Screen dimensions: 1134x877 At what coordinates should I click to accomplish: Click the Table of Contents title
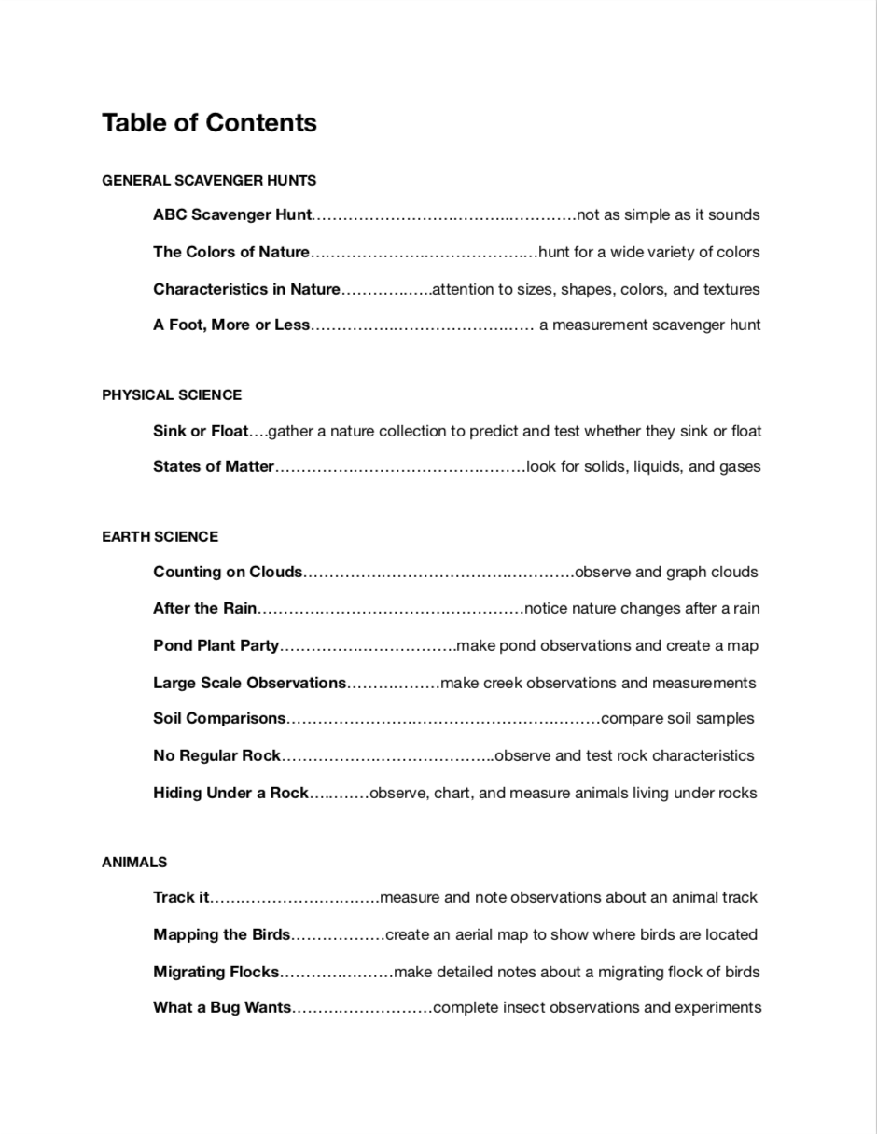[x=209, y=123]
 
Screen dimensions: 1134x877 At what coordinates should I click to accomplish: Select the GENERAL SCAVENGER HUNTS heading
[x=209, y=181]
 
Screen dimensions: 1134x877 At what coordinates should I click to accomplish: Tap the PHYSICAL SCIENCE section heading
[x=172, y=395]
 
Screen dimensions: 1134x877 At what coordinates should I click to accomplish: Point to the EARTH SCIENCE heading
[x=160, y=537]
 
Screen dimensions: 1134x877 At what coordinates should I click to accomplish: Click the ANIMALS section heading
[x=134, y=863]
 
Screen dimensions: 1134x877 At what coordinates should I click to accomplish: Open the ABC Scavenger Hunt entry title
[x=231, y=215]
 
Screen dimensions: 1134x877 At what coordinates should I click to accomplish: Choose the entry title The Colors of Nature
[x=230, y=253]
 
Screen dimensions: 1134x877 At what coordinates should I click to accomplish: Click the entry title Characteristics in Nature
[x=246, y=290]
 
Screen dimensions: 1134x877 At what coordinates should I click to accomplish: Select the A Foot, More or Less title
[x=231, y=325]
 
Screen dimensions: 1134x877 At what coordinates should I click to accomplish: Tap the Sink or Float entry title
[x=201, y=432]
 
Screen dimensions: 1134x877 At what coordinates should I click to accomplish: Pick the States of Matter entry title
[x=214, y=467]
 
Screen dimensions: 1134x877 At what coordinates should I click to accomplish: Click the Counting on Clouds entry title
[x=228, y=573]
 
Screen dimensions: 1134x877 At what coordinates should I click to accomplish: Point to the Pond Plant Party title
[x=216, y=646]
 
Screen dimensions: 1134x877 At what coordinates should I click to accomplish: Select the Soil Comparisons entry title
[x=219, y=719]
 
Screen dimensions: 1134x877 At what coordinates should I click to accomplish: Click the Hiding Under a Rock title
[x=230, y=794]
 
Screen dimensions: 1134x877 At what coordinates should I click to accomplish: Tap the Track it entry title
[x=181, y=898]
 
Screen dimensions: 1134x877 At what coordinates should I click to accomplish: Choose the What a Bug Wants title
[x=222, y=1008]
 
